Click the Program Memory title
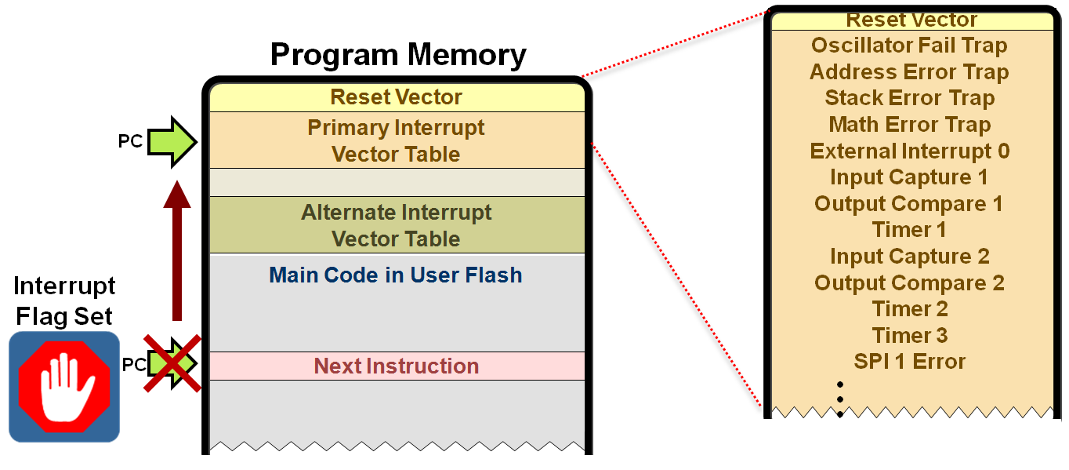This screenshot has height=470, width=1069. click(398, 55)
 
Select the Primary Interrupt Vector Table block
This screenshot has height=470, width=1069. click(396, 140)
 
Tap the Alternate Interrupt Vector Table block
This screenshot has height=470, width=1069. click(396, 225)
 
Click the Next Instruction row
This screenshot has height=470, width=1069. click(396, 366)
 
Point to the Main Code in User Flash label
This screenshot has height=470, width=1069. click(396, 275)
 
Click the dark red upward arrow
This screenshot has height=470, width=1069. click(177, 251)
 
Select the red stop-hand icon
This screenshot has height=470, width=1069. click(64, 386)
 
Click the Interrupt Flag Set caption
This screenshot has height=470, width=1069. click(64, 301)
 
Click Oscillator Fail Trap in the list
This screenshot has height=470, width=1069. click(909, 46)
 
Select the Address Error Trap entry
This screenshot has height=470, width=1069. click(909, 72)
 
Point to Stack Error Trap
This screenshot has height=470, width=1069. click(909, 98)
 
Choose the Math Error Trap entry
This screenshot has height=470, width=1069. click(909, 125)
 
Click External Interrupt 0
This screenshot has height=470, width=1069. click(909, 151)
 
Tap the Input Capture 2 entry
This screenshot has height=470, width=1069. click(909, 257)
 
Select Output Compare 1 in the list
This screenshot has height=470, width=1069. click(909, 204)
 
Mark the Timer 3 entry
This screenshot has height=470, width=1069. click(909, 336)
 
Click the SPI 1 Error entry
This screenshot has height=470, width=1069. click(909, 362)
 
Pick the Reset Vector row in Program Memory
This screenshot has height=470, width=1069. click(396, 97)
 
